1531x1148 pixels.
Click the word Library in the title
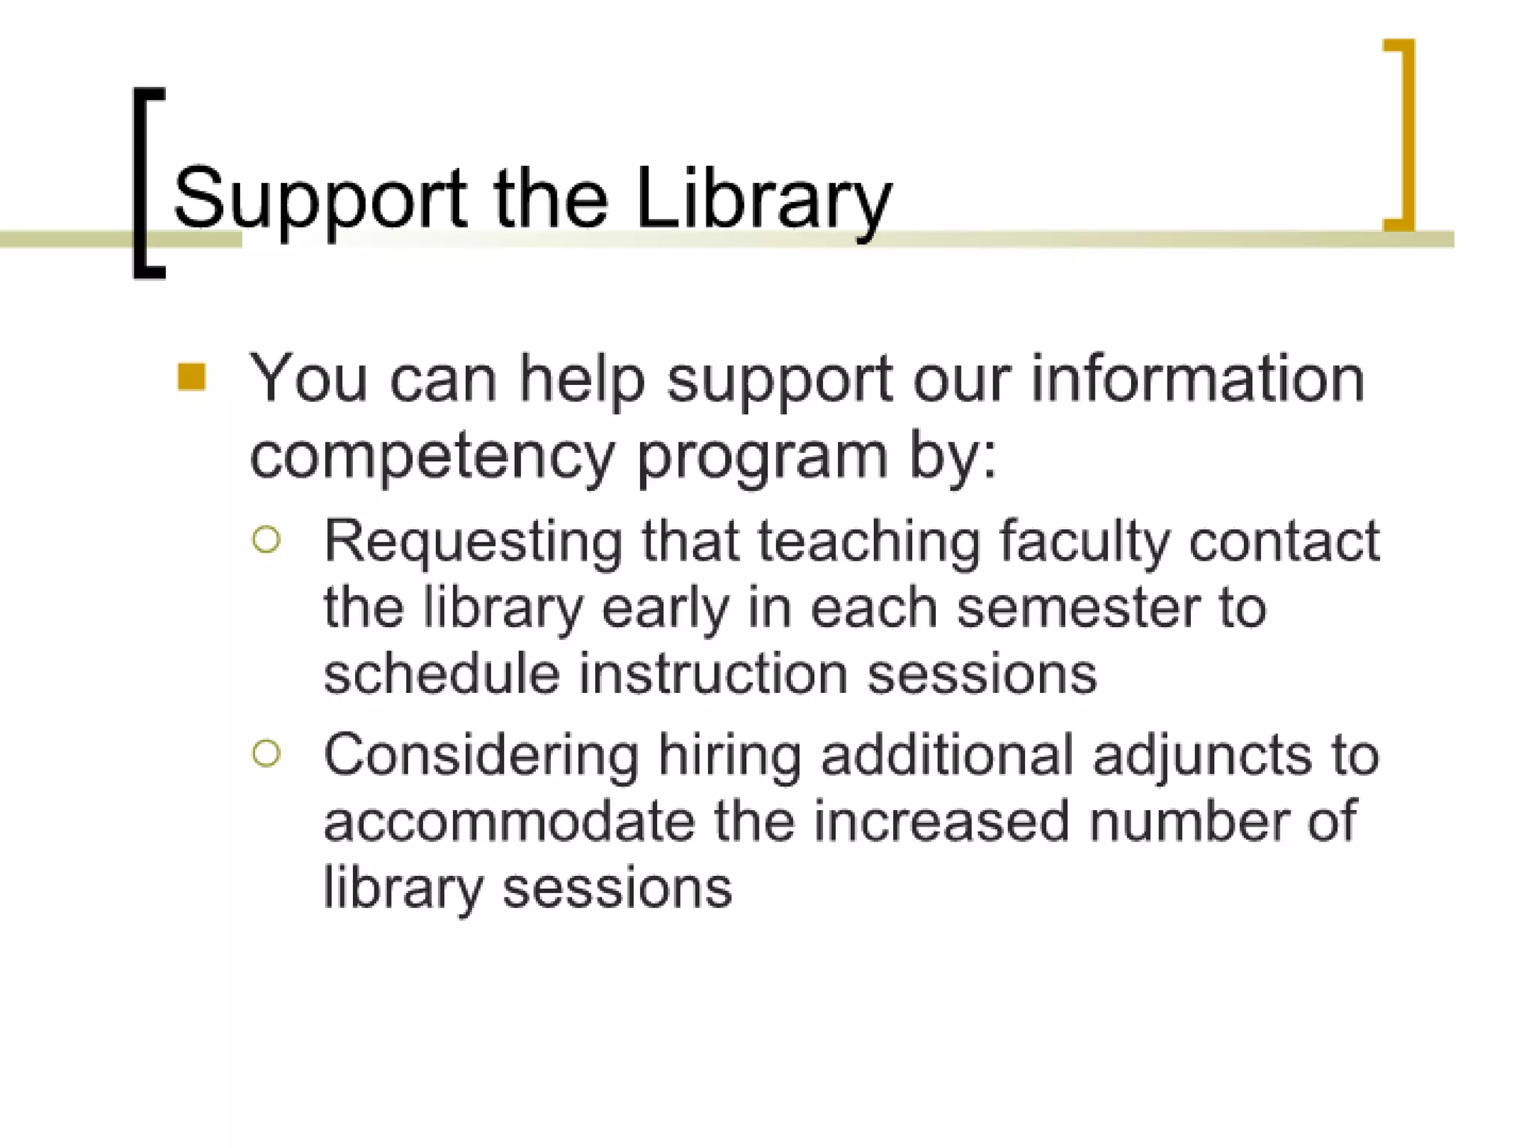click(x=763, y=198)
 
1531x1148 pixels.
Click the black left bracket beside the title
click(x=142, y=183)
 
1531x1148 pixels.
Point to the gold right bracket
click(x=1405, y=135)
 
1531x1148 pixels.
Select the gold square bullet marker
click(x=192, y=377)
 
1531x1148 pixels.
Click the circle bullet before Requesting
click(x=267, y=540)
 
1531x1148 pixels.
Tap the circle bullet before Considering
click(x=267, y=753)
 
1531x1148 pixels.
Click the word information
click(x=1198, y=378)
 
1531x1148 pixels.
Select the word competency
click(x=432, y=456)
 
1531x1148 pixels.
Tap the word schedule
click(x=441, y=673)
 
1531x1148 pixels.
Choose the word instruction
click(x=714, y=673)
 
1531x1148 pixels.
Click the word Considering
click(x=481, y=755)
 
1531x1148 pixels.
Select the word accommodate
click(x=509, y=821)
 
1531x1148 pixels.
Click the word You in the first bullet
click(x=308, y=378)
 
